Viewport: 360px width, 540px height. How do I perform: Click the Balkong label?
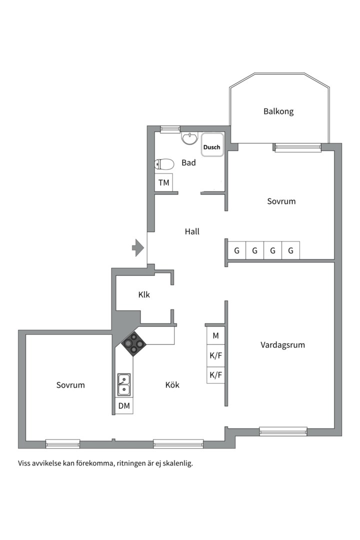(278, 111)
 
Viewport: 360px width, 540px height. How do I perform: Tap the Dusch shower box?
(212, 147)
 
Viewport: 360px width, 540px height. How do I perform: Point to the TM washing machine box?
(164, 182)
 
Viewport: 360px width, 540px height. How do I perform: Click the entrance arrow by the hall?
(138, 247)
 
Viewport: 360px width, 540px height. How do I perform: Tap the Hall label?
(192, 231)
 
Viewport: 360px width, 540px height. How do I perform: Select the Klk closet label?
(144, 295)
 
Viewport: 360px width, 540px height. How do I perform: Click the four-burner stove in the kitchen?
(133, 343)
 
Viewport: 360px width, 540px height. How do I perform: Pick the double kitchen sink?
(123, 384)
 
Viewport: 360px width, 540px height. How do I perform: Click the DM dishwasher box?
(124, 406)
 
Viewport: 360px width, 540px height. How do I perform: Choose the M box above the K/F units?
(215, 336)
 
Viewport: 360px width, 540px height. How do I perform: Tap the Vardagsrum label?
(282, 345)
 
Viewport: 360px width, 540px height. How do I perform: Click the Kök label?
(172, 385)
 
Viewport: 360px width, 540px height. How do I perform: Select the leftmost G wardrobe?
(236, 250)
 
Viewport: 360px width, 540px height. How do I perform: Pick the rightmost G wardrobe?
(290, 250)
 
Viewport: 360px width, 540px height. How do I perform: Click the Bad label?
(188, 162)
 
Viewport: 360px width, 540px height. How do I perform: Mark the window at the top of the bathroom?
(170, 129)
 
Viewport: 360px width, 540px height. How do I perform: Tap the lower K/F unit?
(215, 375)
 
